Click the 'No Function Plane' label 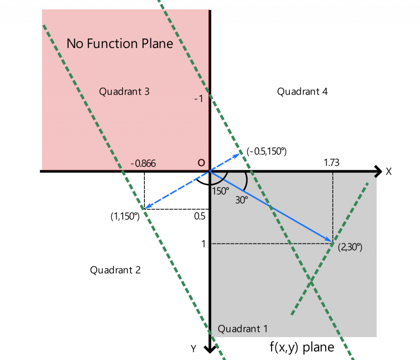coord(120,43)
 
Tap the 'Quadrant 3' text coord(124,91)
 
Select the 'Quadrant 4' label coord(302,91)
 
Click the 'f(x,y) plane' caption coord(301,348)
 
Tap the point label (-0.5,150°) coord(267,152)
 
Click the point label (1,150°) coord(126,216)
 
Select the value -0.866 coord(143,164)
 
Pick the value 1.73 coord(331,163)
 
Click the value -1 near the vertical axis coord(199,99)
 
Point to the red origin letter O coord(201,163)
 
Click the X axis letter coord(388,171)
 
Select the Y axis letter coord(194,349)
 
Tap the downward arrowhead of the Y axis coord(210,349)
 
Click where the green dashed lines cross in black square coord(312,281)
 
